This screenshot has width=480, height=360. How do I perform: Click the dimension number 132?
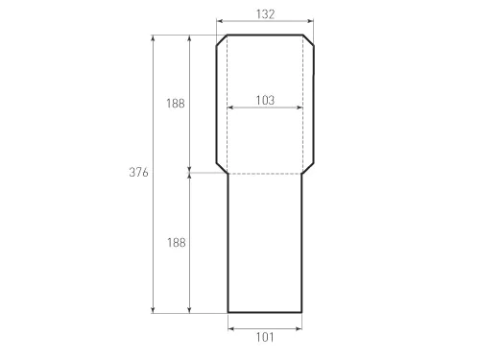click(265, 14)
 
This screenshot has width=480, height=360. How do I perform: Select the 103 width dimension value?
click(265, 100)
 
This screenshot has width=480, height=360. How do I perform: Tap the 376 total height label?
click(138, 172)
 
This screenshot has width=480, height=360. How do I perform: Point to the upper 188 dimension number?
click(176, 104)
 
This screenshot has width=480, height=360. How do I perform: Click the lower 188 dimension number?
click(176, 243)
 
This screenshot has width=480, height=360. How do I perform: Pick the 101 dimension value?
click(265, 337)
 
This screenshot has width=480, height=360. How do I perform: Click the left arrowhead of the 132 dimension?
click(220, 21)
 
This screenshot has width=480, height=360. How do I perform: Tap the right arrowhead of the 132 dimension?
click(310, 21)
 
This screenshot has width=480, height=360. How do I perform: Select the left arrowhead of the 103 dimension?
click(230, 108)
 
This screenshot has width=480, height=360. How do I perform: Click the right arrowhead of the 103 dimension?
click(300, 108)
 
